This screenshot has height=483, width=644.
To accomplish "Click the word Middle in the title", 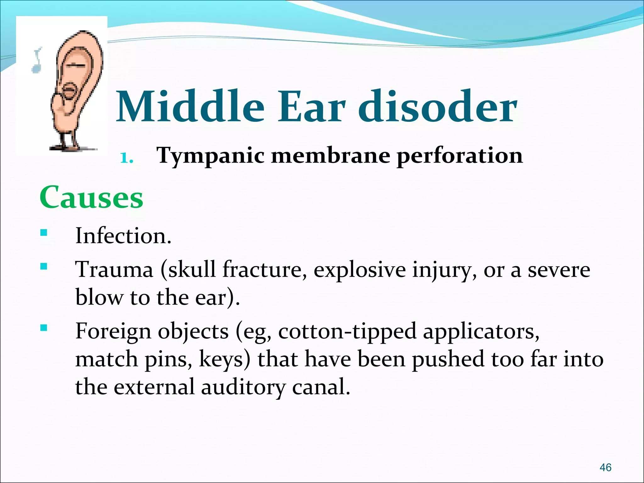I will [190, 107].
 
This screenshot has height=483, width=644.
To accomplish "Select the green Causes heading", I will [91, 197].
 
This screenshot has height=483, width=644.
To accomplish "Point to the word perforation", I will [459, 156].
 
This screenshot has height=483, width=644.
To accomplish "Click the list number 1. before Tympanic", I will [127, 158].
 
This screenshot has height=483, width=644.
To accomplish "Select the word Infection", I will [123, 236].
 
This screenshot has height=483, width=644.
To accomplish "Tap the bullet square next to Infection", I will [43, 233].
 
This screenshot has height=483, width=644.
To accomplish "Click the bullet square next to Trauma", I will [43, 267].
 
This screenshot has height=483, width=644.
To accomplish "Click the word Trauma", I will [114, 269].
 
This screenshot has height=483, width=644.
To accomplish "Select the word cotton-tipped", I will [347, 331].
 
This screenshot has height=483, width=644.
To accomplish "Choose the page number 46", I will [605, 468].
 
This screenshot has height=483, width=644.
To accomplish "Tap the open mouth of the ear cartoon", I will [70, 91].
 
